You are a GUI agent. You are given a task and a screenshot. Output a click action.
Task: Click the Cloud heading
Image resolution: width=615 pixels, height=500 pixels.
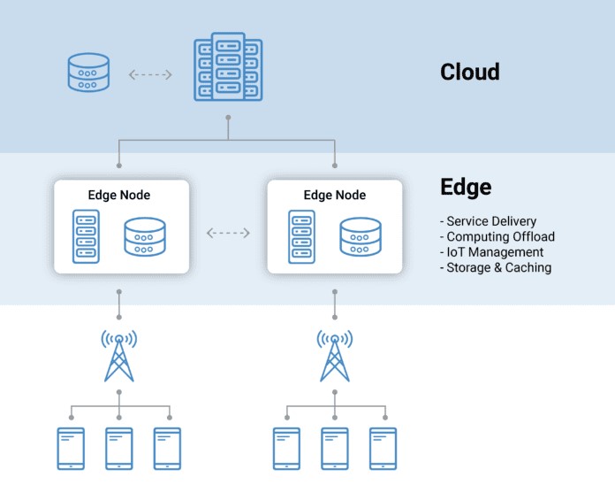470,72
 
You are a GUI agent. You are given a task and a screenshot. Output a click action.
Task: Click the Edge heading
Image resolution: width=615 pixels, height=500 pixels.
466,188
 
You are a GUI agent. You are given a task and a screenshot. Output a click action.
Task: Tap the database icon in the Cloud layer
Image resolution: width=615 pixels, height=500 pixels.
88,73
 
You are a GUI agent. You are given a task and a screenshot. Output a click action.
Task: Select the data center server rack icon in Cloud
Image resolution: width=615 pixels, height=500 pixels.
228,66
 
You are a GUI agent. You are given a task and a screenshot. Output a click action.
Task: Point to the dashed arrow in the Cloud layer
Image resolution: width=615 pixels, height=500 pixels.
150,74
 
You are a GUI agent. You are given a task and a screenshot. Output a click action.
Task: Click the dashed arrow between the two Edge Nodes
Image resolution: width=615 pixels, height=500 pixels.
228,233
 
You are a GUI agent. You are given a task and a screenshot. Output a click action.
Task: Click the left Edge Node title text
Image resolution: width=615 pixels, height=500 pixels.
118,196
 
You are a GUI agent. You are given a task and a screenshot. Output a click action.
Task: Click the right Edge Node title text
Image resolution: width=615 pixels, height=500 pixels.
335,196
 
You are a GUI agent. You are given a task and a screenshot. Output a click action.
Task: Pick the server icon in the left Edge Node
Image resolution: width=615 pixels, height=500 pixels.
86,236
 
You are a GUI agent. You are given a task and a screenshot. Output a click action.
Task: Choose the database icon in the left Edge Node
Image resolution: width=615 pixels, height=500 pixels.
145,237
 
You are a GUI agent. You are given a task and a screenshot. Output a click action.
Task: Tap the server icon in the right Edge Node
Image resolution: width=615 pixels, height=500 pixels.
301,236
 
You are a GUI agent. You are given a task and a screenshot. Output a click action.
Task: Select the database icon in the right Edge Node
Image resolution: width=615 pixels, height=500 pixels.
361,237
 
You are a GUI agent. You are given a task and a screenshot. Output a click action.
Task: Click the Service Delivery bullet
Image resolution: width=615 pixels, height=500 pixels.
488,221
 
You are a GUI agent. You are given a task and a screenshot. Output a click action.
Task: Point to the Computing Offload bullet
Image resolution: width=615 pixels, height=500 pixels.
497,236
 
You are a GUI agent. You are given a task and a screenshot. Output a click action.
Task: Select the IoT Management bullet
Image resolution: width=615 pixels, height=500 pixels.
492,251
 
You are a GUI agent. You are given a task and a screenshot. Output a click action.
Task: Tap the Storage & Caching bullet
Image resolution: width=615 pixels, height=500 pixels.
496,267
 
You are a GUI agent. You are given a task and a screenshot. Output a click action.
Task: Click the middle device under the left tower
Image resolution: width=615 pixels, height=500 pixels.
118,449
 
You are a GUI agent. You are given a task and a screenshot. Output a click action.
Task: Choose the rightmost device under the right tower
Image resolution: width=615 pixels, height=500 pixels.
383,449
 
